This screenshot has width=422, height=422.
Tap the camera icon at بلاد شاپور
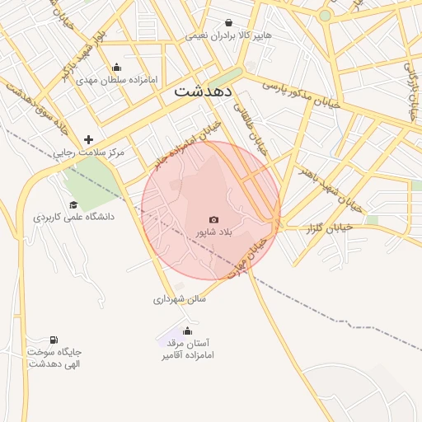point(214,219)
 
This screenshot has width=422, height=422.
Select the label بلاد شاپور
point(214,233)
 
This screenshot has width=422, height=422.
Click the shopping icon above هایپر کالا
point(228,23)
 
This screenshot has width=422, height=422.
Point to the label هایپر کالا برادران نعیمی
point(228,36)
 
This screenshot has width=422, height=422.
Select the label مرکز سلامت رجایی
point(88,152)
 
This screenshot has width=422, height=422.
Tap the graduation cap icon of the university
point(73,204)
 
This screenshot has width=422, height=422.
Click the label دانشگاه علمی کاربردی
point(73,217)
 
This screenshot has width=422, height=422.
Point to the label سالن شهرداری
point(179,299)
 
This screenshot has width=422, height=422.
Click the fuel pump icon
point(54,340)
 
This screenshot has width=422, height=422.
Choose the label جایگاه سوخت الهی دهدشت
point(54,358)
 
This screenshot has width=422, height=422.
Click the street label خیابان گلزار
point(331,227)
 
